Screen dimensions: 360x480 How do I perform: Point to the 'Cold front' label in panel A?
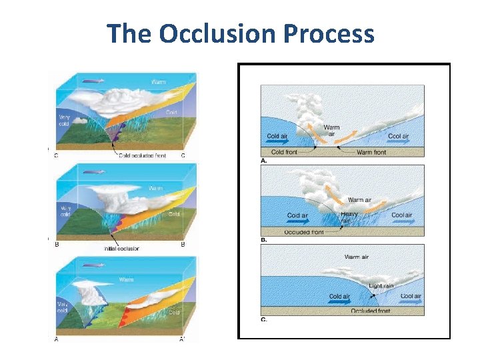(283, 152)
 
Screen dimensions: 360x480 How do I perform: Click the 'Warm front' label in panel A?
(371, 152)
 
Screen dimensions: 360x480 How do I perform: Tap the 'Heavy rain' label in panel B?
(349, 218)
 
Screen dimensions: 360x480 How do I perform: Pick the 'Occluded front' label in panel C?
(371, 311)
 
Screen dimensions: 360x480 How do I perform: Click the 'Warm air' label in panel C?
(357, 257)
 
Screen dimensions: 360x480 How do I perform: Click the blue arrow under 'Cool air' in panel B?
(402, 223)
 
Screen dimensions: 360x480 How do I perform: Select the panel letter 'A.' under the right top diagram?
(265, 161)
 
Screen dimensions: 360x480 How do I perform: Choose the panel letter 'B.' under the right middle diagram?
(265, 239)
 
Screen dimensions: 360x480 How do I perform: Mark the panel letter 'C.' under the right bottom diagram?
(265, 319)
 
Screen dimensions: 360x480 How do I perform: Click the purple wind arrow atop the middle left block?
(93, 172)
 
